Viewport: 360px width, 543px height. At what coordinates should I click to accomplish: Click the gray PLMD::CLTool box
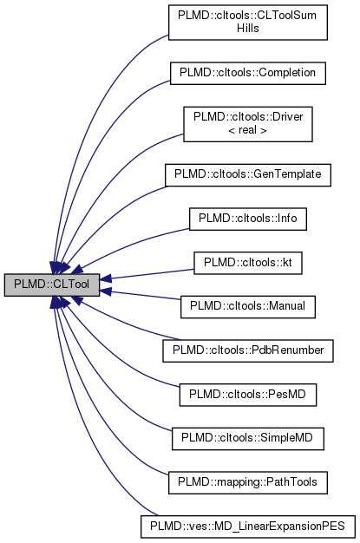pyautogui.click(x=51, y=284)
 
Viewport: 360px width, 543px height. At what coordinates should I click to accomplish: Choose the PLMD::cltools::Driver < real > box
pyautogui.click(x=248, y=123)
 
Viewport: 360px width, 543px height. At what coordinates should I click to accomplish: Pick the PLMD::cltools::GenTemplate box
pyautogui.click(x=248, y=173)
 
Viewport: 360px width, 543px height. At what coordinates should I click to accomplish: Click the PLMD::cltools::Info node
pyautogui.click(x=248, y=218)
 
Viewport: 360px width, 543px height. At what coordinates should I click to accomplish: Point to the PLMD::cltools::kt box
pyautogui.click(x=248, y=261)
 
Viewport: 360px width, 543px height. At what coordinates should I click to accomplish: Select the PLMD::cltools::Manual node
pyautogui.click(x=248, y=305)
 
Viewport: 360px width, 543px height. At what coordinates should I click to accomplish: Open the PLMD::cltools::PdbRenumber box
pyautogui.click(x=248, y=350)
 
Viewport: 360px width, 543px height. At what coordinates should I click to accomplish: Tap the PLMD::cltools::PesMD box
pyautogui.click(x=248, y=394)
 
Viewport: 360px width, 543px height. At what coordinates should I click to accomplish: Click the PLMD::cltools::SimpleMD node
pyautogui.click(x=248, y=438)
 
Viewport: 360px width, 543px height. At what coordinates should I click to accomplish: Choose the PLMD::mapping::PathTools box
pyautogui.click(x=248, y=481)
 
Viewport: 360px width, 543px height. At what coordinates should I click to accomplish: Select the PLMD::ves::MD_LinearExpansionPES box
pyautogui.click(x=248, y=526)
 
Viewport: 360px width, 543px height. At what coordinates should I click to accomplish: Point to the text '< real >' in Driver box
pyautogui.click(x=248, y=130)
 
